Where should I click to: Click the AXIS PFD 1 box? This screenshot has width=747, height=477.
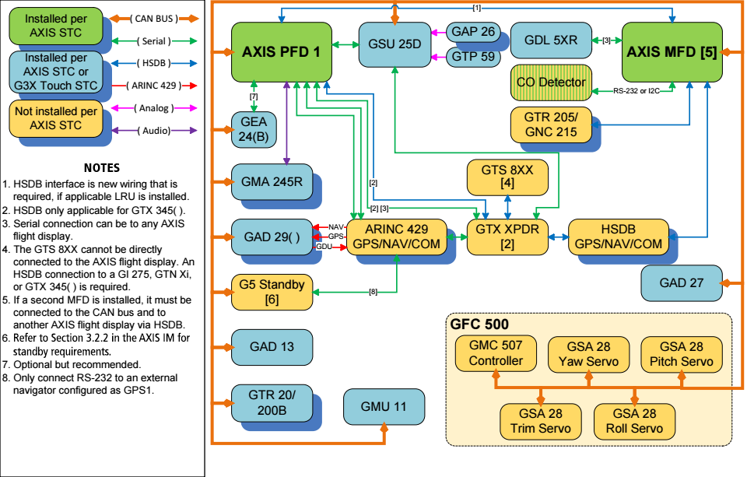(x=282, y=52)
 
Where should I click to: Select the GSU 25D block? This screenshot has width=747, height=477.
(x=395, y=44)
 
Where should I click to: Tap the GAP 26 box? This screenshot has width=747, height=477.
(x=474, y=32)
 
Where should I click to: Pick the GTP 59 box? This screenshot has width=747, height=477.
(x=474, y=57)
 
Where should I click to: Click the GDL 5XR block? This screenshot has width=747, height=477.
(x=551, y=40)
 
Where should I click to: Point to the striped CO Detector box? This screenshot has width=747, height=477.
(x=551, y=82)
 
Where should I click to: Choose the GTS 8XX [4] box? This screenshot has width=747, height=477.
(x=507, y=177)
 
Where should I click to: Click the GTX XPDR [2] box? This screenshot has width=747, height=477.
(x=507, y=237)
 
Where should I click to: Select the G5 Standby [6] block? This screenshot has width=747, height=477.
(x=272, y=292)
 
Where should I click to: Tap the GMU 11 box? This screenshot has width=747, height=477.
(x=384, y=407)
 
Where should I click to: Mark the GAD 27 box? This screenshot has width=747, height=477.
(x=682, y=283)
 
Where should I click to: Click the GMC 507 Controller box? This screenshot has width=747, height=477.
(x=496, y=353)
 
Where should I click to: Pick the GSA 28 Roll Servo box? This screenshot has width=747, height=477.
(x=635, y=421)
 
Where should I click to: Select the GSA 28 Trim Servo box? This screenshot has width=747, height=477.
(x=541, y=421)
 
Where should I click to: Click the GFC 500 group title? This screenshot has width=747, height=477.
(x=479, y=324)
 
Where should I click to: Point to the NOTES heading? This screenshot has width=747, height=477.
(x=102, y=168)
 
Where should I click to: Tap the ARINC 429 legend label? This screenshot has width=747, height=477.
(x=154, y=86)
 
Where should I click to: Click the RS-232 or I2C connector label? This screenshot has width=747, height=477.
(x=637, y=90)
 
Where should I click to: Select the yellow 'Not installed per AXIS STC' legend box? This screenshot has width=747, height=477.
(x=56, y=118)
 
